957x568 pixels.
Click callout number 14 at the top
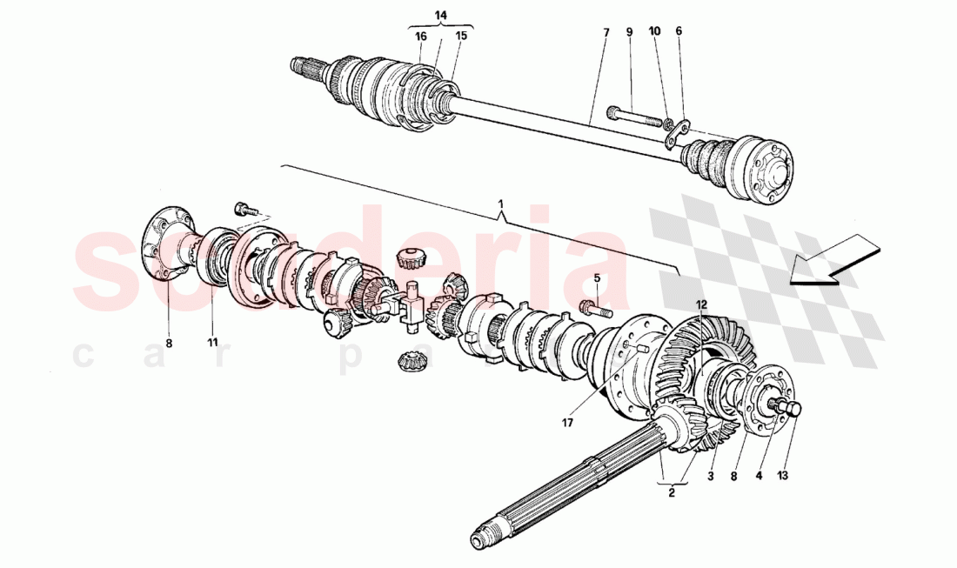tap(440, 15)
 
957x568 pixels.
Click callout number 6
tap(679, 31)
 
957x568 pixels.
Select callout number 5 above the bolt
tap(598, 278)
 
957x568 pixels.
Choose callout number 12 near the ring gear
tap(701, 304)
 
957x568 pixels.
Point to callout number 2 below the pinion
tap(672, 493)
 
